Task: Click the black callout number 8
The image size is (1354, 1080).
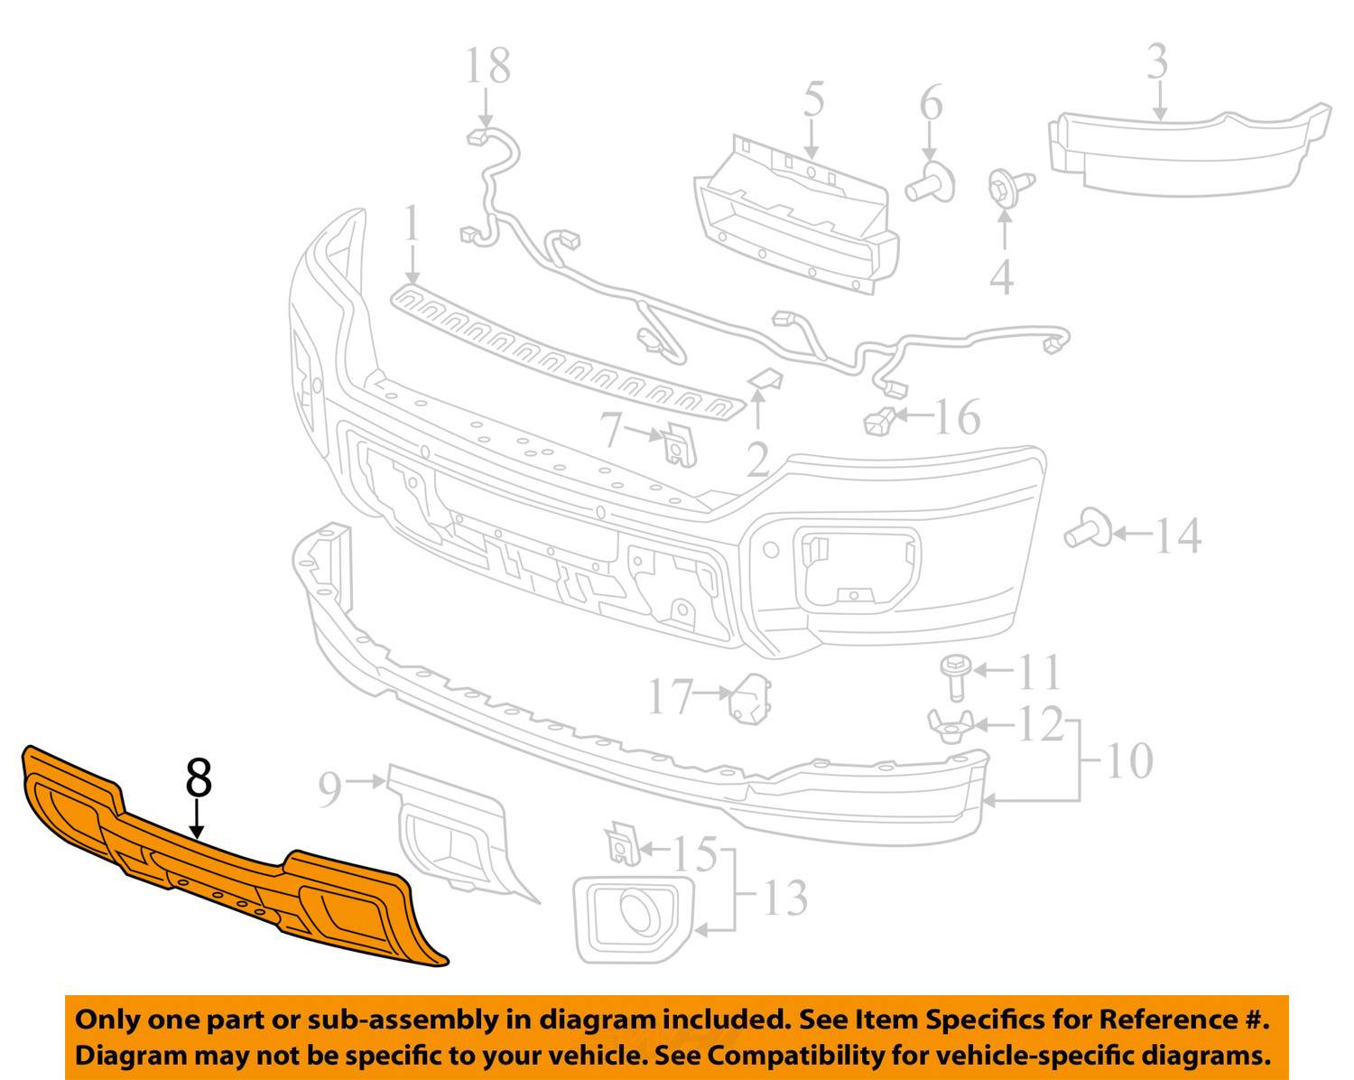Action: tap(199, 777)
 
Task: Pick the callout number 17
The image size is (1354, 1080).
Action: tap(671, 697)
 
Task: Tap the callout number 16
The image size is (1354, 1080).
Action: tap(958, 416)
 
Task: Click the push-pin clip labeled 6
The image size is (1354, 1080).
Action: tap(930, 182)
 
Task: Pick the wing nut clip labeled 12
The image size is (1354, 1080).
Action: tap(951, 727)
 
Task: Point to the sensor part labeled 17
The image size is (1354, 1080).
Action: tap(750, 699)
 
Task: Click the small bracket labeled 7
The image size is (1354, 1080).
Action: tap(680, 445)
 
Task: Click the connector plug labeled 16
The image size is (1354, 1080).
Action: tap(879, 421)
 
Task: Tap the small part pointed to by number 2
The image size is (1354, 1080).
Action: tap(765, 379)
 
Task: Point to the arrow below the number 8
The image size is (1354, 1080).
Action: tap(199, 818)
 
